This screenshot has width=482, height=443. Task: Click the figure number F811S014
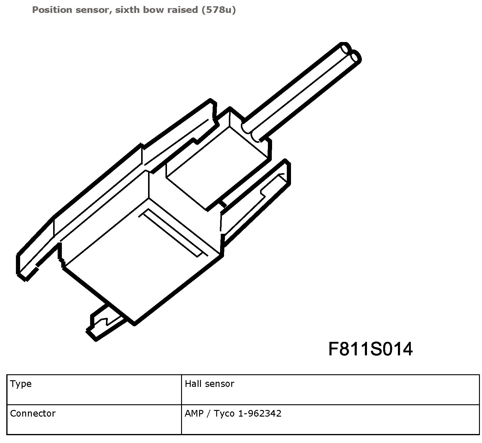click(370, 349)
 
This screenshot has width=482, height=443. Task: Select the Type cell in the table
click(21, 384)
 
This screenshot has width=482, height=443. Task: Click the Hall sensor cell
click(209, 384)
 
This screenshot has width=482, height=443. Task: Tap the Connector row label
click(33, 414)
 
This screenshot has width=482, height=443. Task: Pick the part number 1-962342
click(260, 414)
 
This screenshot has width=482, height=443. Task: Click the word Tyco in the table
click(224, 414)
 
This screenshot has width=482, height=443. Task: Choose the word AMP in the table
click(193, 414)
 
